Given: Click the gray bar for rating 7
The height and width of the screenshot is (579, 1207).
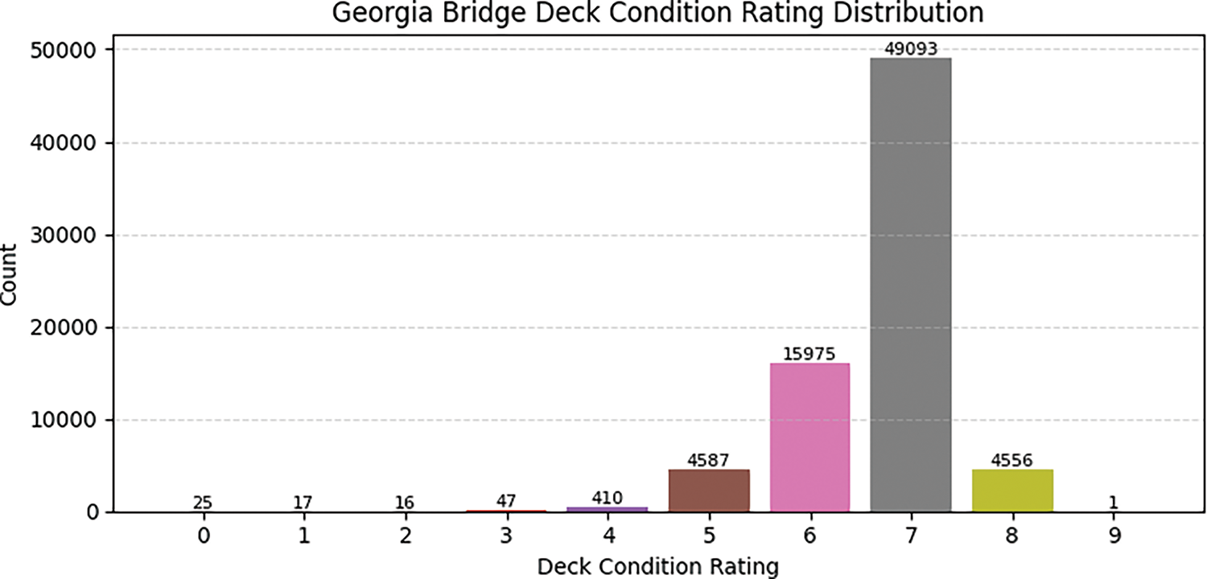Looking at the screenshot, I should point(911,285).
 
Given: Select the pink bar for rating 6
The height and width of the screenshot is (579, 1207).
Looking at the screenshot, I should point(809,437).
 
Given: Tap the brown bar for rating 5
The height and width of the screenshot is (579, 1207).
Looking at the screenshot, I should point(709,491).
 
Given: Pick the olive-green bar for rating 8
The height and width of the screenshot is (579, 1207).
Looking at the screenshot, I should point(1011,491).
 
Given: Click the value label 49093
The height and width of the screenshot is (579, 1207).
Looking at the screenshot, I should point(911,50).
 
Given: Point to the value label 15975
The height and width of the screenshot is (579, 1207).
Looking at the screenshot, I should point(809,354).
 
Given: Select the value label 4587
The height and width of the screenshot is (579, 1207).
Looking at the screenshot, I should point(709,461).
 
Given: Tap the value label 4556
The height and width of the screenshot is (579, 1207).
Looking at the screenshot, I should point(1011,461).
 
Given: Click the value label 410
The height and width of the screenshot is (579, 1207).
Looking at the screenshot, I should point(608,499).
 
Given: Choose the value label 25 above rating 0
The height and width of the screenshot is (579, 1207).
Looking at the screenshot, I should point(203,503).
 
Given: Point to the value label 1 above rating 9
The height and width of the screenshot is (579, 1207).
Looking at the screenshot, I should point(1113,503).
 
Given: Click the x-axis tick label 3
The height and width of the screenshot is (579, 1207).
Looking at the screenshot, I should point(506,536).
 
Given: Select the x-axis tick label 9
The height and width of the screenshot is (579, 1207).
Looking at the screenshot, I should point(1113,536).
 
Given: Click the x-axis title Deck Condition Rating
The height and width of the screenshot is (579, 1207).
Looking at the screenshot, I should point(657,566).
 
